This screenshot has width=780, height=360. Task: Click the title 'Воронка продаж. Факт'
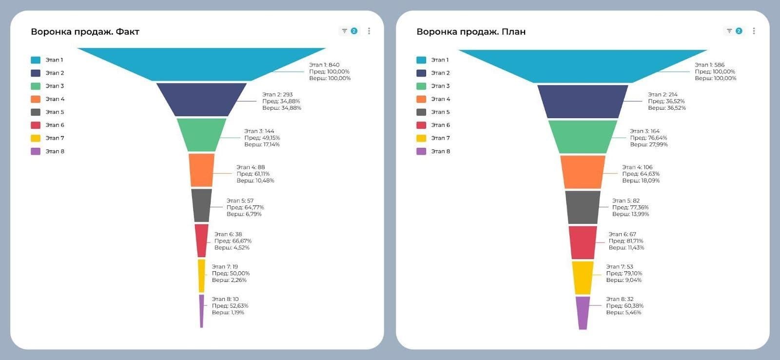[x=85, y=32]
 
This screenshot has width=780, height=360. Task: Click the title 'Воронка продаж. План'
[x=470, y=32]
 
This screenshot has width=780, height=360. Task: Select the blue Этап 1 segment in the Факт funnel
[x=201, y=63]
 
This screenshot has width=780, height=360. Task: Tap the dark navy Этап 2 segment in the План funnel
[x=583, y=101]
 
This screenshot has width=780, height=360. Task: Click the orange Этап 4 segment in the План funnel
[x=583, y=172]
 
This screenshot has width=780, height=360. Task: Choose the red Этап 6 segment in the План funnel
[x=583, y=242]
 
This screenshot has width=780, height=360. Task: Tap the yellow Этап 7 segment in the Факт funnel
[x=201, y=276]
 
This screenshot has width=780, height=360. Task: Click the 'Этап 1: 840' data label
[x=324, y=65]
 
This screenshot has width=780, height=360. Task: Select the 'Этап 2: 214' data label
[x=663, y=95]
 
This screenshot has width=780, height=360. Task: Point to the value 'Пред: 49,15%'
[x=262, y=138]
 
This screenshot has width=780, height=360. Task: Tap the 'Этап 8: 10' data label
[x=225, y=299]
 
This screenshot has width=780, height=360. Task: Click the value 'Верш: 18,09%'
[x=641, y=180]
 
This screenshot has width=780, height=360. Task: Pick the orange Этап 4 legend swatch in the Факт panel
[x=36, y=99]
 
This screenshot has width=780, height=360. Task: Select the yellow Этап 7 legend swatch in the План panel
[x=421, y=138]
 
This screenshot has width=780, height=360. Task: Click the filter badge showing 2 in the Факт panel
[x=349, y=31]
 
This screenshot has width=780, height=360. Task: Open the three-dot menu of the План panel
[x=754, y=31]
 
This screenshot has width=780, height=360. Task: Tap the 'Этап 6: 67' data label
[x=622, y=234]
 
